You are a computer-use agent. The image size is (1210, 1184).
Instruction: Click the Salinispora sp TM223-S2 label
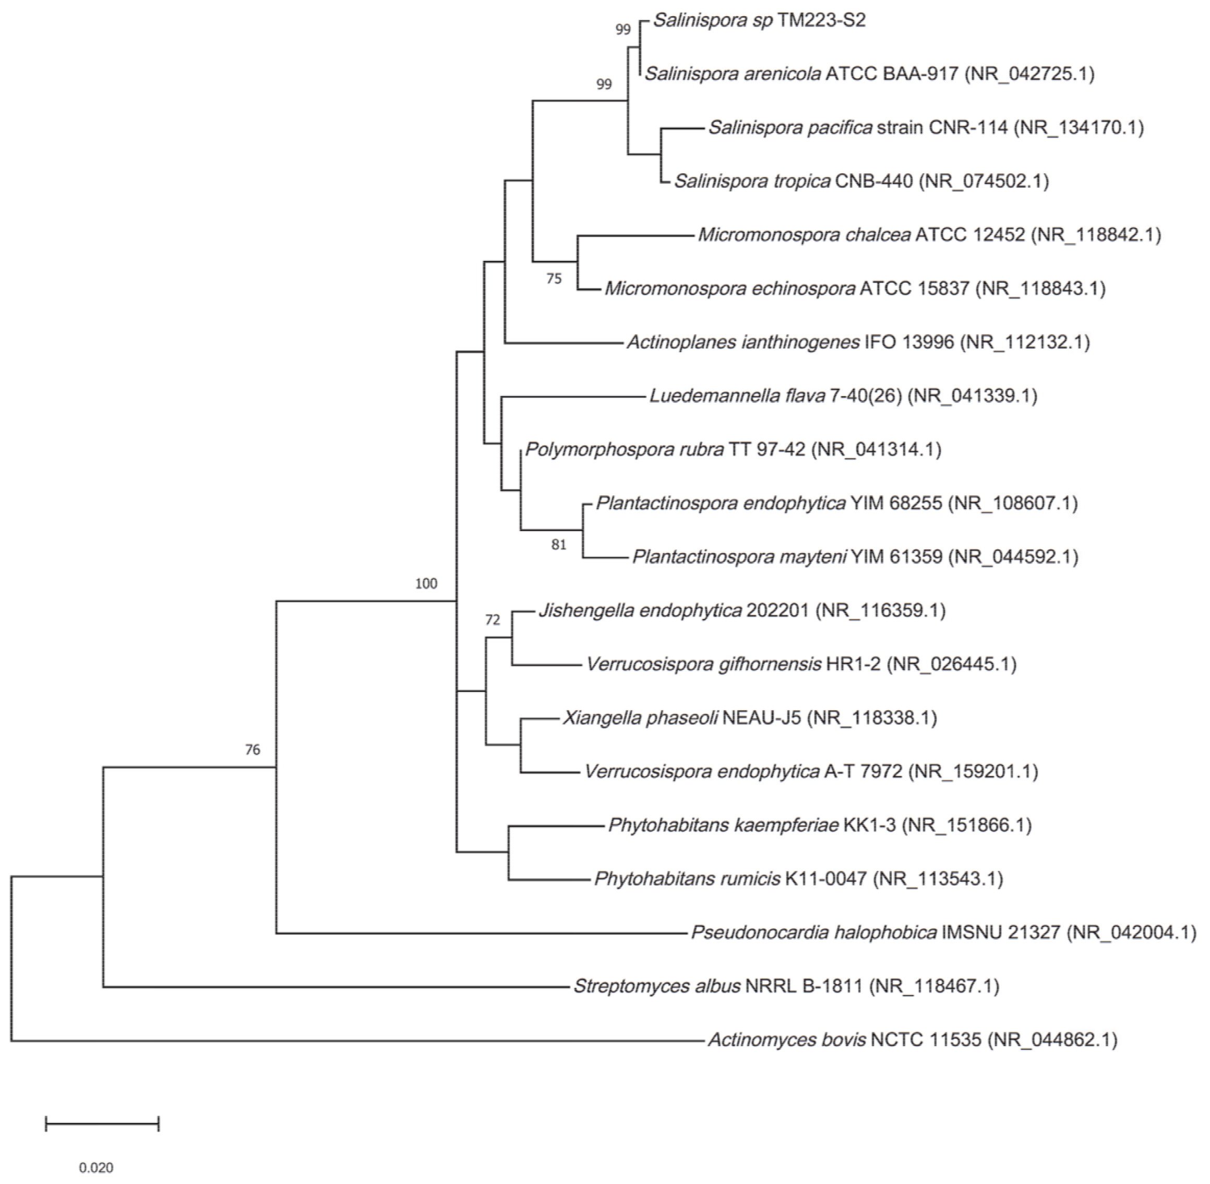759,20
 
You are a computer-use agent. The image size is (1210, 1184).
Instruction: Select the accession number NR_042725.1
1029,74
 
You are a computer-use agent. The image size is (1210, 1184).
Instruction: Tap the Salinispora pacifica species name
789,127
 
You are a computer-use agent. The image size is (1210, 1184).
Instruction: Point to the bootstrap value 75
554,279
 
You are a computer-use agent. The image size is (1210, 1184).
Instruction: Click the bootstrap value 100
426,583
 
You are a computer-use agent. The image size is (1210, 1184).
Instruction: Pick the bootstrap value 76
252,749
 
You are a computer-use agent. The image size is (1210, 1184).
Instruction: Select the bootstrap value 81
558,545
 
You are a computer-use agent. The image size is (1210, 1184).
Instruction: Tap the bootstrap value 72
493,619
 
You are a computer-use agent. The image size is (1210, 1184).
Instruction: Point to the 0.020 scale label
97,1167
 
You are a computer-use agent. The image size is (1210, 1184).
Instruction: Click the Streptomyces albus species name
656,986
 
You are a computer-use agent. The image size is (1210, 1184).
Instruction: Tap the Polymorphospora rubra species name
624,449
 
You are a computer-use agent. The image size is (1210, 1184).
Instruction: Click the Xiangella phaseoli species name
640,717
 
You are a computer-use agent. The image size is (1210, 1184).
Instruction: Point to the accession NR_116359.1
880,611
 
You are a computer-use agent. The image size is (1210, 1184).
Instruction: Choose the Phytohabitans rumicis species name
687,879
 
